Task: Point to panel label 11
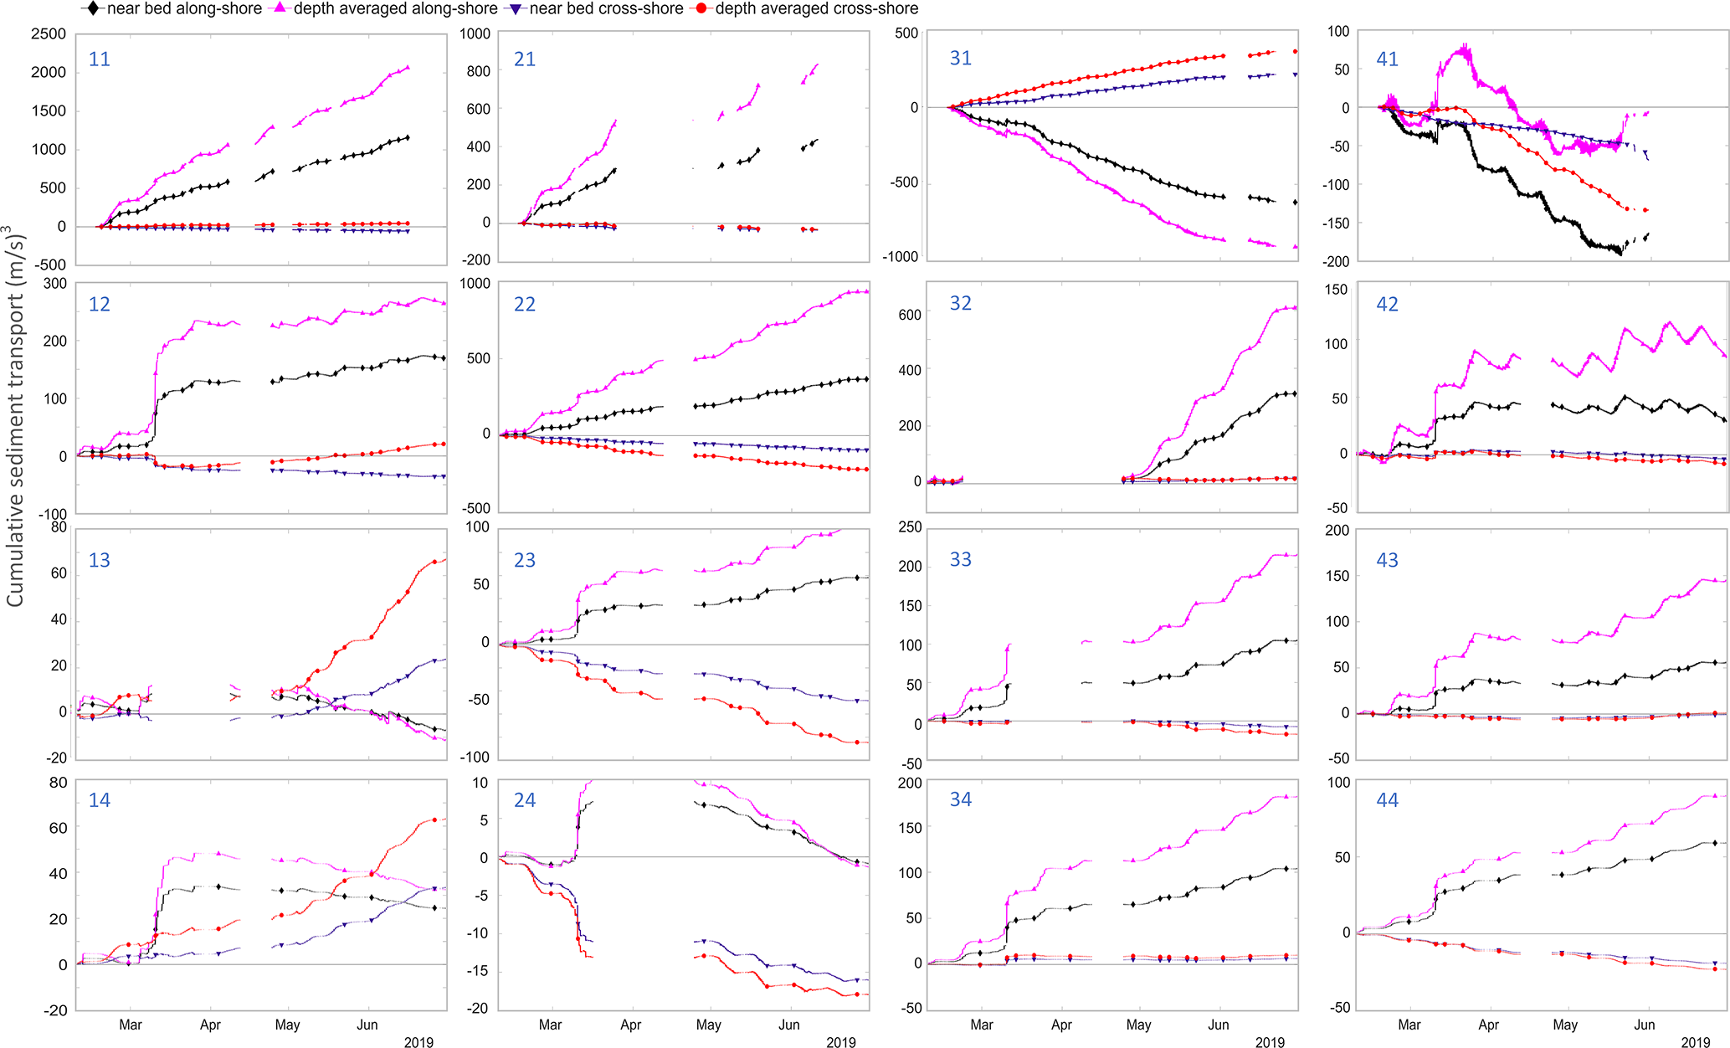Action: tap(100, 59)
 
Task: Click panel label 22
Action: tap(525, 305)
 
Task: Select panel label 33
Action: tap(960, 560)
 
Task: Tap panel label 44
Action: tap(1387, 800)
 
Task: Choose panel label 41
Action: tap(1387, 59)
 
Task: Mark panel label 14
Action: tap(100, 801)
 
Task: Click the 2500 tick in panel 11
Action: tap(49, 34)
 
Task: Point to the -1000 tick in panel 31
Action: tap(900, 257)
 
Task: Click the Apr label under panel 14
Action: tap(210, 1025)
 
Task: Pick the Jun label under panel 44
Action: tap(1645, 1025)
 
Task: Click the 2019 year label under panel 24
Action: tap(841, 1043)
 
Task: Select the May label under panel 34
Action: tap(1138, 1025)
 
